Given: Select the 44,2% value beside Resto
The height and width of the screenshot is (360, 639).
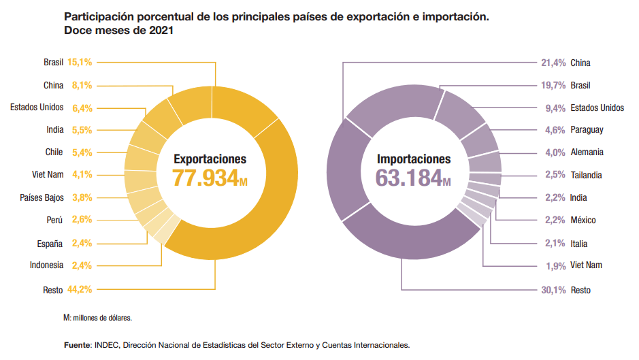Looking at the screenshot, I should tap(80, 290).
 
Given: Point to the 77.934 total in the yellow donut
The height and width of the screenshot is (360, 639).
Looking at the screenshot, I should tap(205, 179).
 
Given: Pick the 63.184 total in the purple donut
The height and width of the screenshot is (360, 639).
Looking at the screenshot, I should tap(409, 179).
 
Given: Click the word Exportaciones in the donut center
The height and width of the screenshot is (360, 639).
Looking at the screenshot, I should tap(210, 159).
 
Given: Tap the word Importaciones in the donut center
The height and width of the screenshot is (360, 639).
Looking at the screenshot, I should tap(414, 159).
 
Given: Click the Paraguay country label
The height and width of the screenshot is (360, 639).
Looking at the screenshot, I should tap(587, 130).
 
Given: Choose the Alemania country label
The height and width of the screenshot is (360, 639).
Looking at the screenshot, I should tap(587, 152).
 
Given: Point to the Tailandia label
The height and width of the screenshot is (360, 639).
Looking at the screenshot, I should tap(586, 175).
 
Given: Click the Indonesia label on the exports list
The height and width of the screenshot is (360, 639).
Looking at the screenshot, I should tap(46, 265).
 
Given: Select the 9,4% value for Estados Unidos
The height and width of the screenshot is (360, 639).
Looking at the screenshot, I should tap(555, 108).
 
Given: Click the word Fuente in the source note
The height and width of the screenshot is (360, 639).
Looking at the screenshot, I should tap(76, 345).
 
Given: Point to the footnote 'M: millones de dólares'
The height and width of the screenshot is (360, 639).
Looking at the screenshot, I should tap(97, 318).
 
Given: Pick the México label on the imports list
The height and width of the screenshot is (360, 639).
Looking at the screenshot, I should tap(583, 220).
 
